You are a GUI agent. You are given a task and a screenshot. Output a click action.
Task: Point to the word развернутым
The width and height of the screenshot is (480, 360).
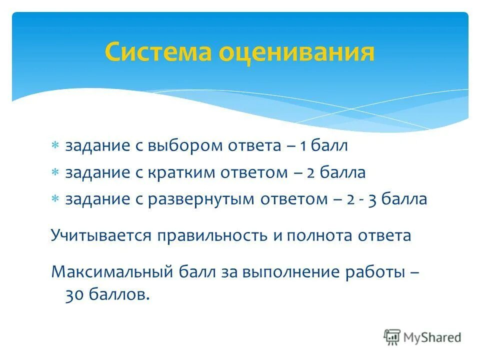tap(202, 200)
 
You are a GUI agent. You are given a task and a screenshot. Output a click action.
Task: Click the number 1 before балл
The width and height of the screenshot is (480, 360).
tap(303, 146)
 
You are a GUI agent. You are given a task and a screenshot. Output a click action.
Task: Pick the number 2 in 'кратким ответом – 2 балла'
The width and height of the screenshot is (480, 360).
tap(310, 173)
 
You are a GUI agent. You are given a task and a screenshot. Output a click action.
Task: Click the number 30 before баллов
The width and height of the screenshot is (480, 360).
tap(74, 295)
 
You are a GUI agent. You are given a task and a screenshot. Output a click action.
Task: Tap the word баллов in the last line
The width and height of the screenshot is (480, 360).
tap(119, 295)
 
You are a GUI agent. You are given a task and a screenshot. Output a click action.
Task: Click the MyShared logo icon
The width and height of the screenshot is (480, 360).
tap(392, 337)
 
